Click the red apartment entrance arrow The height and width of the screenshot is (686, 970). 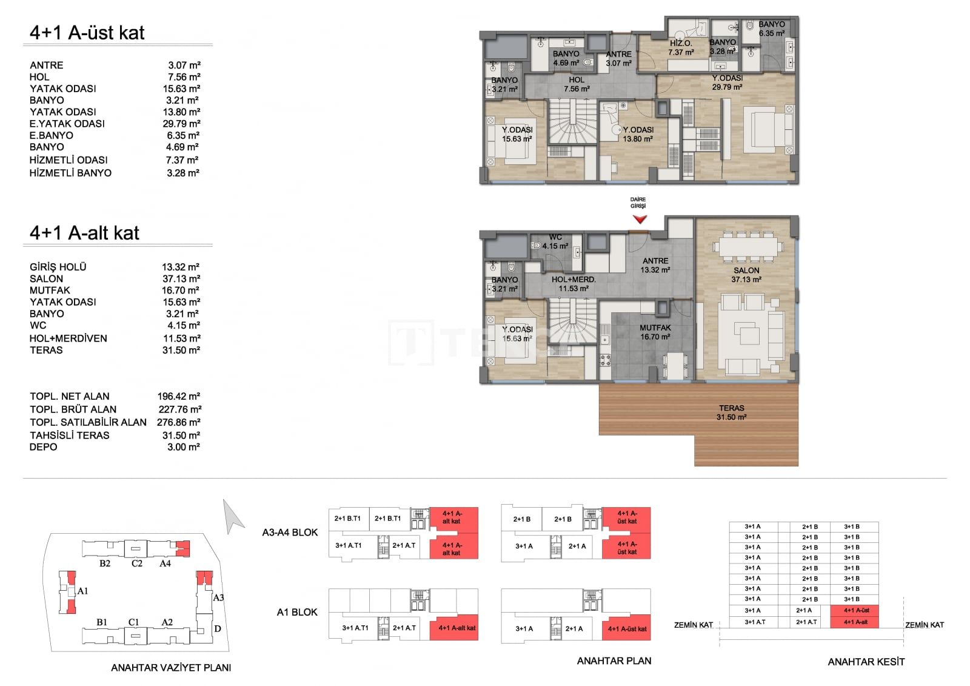point(640,220)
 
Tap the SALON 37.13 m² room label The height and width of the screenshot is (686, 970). point(746,275)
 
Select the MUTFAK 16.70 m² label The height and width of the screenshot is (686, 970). point(655,332)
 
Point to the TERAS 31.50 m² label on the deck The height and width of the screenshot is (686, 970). point(731,412)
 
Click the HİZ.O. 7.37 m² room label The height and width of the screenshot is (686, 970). point(681,48)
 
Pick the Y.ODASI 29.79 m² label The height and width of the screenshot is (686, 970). point(727,82)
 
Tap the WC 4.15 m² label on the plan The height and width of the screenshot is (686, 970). point(555,241)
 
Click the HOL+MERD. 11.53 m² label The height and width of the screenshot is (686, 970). point(574,284)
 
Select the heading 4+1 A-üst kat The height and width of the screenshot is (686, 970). point(87,33)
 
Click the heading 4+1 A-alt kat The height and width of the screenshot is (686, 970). point(84,233)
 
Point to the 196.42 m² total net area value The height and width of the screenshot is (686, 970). point(178,396)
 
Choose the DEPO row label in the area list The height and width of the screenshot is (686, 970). point(43,447)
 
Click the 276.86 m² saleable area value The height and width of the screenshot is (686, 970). point(178,422)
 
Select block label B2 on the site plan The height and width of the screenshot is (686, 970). point(105,563)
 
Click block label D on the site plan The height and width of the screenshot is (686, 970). point(218,628)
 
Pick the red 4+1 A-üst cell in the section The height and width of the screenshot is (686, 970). point(854,610)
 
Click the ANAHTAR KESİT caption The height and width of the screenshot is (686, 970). point(866,662)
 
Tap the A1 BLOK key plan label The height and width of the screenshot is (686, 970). point(297,612)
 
